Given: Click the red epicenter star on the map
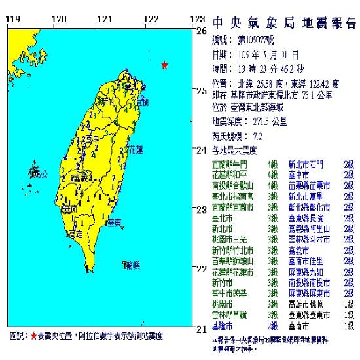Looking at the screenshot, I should [x=165, y=65].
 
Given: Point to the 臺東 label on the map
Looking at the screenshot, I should [x=113, y=223].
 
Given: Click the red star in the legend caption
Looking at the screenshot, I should [x=34, y=336].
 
